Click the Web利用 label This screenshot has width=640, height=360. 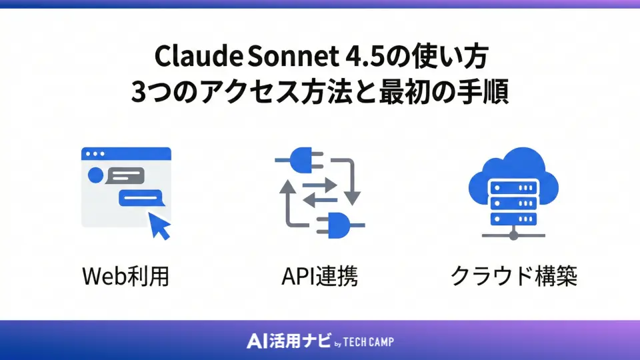pyautogui.click(x=125, y=275)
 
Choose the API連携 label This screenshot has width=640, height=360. pyautogui.click(x=319, y=275)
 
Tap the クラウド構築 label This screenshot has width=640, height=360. pyautogui.click(x=513, y=275)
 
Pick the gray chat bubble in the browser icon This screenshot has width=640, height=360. pyautogui.click(x=125, y=177)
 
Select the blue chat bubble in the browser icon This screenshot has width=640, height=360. pyautogui.click(x=140, y=198)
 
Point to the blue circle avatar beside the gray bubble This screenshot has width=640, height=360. pyautogui.click(x=95, y=177)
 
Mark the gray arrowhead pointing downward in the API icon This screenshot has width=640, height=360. pyautogui.click(x=353, y=197)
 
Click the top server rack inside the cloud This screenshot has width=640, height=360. pyautogui.click(x=513, y=188)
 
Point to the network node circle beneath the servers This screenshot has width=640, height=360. pyautogui.click(x=513, y=235)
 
